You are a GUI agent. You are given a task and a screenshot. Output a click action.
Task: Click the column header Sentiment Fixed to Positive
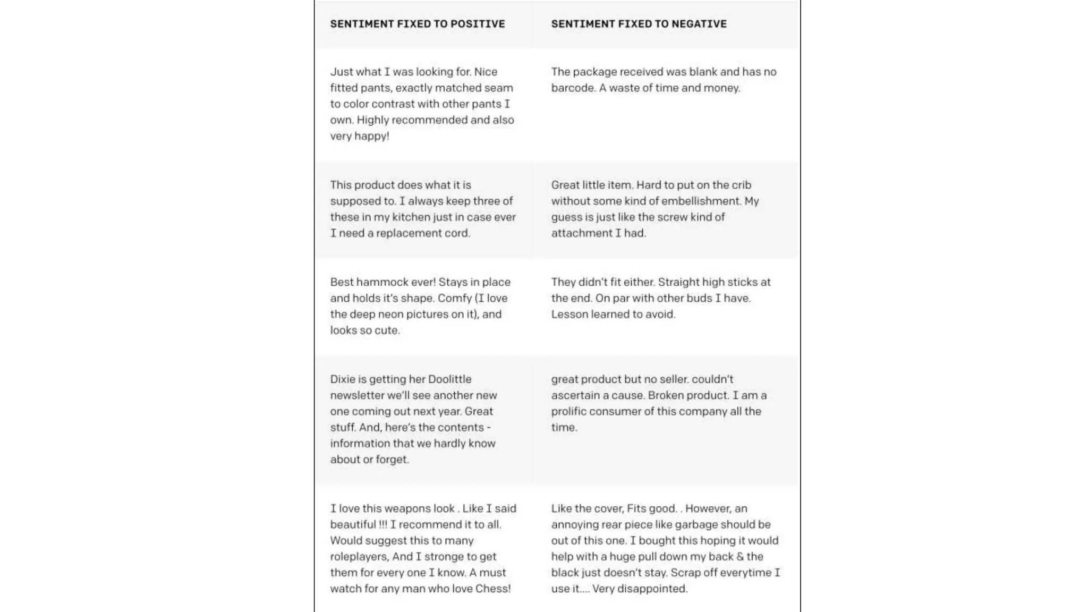418,24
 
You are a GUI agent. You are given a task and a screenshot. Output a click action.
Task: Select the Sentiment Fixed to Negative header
639,24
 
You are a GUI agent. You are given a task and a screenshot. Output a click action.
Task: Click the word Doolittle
449,379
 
